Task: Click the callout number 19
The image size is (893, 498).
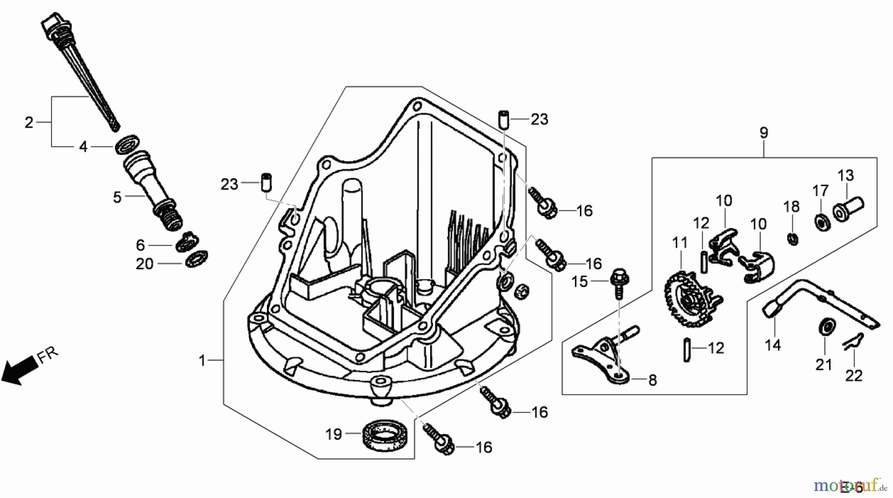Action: [x=333, y=434]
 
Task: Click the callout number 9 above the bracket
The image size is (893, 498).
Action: [x=764, y=133]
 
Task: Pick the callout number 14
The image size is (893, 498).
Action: [x=773, y=345]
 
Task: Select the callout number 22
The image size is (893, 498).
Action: [x=854, y=375]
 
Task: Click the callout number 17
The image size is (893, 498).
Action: [x=820, y=191]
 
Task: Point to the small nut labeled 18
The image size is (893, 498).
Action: [x=792, y=239]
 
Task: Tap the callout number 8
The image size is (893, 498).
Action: [x=652, y=380]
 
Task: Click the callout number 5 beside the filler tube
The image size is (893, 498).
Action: [x=117, y=197]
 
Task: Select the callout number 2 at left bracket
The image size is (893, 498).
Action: [x=29, y=122]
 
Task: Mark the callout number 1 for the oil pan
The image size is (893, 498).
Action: [x=202, y=361]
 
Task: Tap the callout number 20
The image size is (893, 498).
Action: [x=144, y=264]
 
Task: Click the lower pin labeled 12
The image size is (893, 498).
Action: [x=687, y=350]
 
